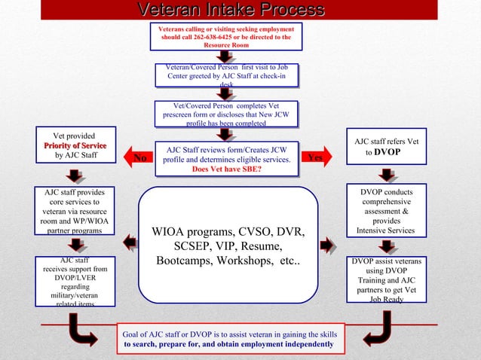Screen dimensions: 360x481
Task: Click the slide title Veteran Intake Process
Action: click(231, 10)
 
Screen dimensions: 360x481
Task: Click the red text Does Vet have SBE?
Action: click(227, 169)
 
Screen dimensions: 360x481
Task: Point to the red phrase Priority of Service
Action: click(75, 145)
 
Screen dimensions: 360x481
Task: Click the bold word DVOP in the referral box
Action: click(388, 151)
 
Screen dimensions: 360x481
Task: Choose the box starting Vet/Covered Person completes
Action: click(227, 114)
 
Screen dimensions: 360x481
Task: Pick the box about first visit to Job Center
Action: click(227, 76)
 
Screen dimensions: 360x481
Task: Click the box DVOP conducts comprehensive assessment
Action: click(386, 211)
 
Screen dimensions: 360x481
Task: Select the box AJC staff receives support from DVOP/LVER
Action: click(75, 281)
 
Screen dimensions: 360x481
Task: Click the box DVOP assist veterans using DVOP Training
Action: click(386, 280)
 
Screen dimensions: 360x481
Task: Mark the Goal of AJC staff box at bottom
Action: click(231, 338)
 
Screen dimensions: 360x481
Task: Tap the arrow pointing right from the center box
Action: click(327, 244)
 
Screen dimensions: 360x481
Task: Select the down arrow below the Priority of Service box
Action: click(74, 175)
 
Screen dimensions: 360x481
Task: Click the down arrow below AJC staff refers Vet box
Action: click(387, 175)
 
